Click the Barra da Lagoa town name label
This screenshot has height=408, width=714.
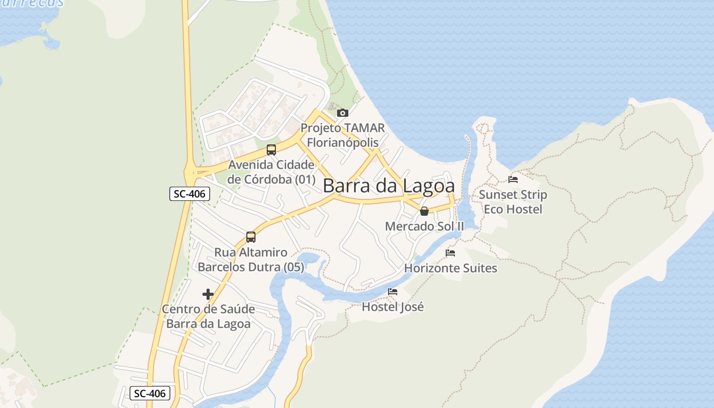389,186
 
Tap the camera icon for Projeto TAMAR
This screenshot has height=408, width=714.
343,113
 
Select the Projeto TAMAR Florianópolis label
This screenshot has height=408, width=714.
343,135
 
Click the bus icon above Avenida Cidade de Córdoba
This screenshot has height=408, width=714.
271,150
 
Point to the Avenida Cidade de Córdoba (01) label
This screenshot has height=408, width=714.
271,172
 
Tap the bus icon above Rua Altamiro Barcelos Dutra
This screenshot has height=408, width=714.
250,237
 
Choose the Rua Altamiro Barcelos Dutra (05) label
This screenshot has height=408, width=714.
251,260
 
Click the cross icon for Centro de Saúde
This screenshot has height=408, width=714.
208,294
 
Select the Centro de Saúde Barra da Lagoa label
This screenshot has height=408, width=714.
209,317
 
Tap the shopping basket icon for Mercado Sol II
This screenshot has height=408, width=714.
424,211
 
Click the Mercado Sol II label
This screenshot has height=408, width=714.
425,226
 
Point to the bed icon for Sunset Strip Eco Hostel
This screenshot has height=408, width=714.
513,180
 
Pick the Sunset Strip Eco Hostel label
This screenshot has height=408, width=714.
513,202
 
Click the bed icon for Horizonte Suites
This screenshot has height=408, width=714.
450,253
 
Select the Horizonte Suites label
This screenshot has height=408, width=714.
451,268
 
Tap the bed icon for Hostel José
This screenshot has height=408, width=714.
393,292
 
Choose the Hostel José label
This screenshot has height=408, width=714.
393,307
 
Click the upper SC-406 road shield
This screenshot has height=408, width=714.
190,194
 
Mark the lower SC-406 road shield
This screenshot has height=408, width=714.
150,393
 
